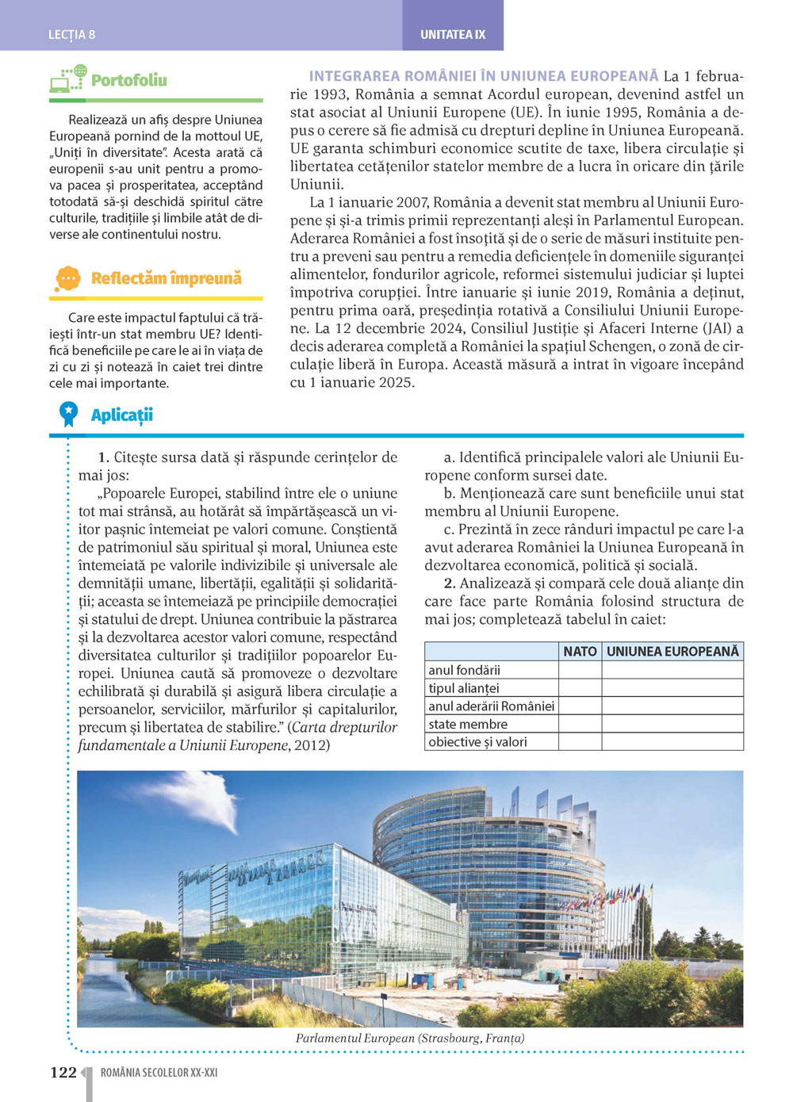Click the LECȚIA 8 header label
click(x=71, y=34)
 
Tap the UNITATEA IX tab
click(x=453, y=34)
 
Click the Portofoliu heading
click(x=129, y=80)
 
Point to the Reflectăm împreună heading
click(x=166, y=278)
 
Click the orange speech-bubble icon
click(x=68, y=278)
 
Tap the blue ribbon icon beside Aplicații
click(x=69, y=414)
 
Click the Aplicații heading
click(x=121, y=415)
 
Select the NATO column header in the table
click(x=580, y=651)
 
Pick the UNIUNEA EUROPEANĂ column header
click(x=672, y=651)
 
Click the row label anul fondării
click(x=465, y=670)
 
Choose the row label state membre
click(x=468, y=724)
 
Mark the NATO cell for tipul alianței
click(x=580, y=688)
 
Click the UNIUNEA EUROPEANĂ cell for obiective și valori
click(x=672, y=742)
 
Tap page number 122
click(x=63, y=1073)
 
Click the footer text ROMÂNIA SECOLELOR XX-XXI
click(x=159, y=1073)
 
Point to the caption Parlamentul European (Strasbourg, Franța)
click(x=410, y=1038)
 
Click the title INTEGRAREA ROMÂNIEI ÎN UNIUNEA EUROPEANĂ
click(x=484, y=76)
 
